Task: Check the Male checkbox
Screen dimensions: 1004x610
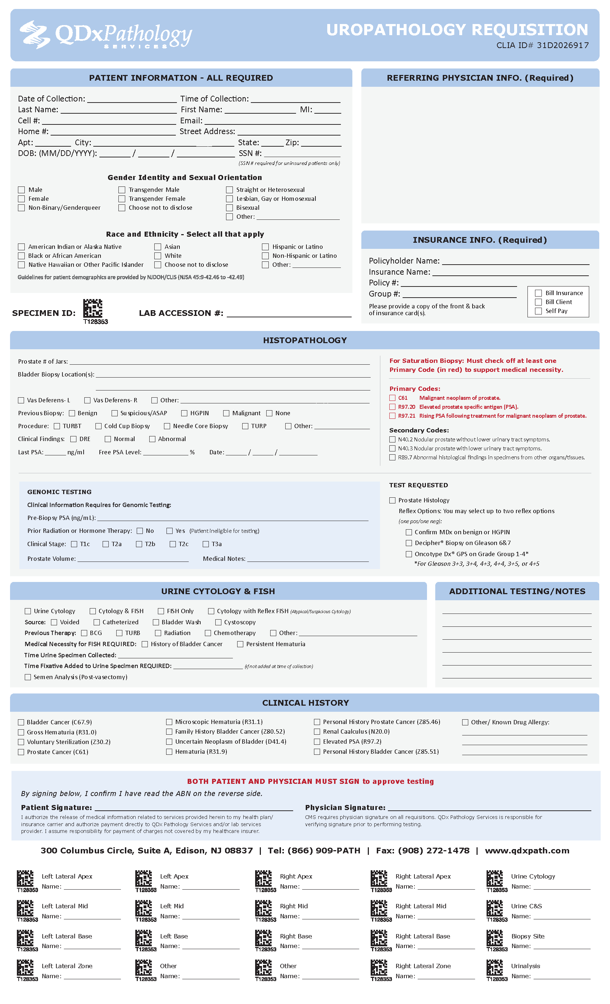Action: coord(21,190)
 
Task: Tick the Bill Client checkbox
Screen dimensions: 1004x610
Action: coord(538,302)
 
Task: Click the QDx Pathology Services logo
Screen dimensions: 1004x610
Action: coord(106,35)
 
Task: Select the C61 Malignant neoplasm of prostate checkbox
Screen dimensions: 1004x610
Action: coord(392,398)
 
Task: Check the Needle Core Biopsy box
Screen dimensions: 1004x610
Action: coord(167,426)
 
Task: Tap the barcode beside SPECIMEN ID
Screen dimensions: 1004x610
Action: coord(93,308)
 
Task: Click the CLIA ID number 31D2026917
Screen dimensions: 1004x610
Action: coord(563,45)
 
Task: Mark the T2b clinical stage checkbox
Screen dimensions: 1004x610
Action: coord(139,544)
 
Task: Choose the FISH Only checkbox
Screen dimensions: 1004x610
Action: coord(161,611)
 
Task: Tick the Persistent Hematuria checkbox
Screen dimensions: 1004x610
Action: coord(240,644)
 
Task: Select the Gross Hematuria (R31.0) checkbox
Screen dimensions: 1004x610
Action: coord(21,732)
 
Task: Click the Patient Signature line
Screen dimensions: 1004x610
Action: coord(194,808)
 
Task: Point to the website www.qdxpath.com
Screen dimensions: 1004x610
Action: coord(527,851)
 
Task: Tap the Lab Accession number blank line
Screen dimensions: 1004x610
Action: coord(289,314)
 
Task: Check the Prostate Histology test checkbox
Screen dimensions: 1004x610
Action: coord(392,500)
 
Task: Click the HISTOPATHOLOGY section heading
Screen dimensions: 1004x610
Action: coord(305,340)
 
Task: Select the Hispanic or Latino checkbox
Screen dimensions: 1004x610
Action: coord(266,247)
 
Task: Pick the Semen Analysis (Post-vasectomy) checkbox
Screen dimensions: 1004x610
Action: coord(28,677)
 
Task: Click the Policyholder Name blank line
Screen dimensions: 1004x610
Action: coord(515,262)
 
